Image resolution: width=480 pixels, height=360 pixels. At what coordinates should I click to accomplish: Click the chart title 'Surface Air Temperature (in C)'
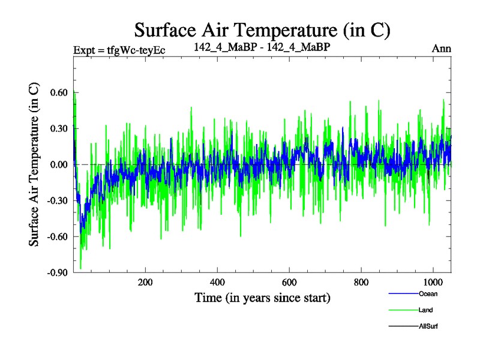click(263, 29)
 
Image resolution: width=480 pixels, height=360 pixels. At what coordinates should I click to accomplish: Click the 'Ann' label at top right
click(441, 49)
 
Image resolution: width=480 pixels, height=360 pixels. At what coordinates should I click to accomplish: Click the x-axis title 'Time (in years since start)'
click(262, 298)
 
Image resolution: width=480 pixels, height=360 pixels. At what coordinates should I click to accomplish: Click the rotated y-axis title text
click(34, 164)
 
